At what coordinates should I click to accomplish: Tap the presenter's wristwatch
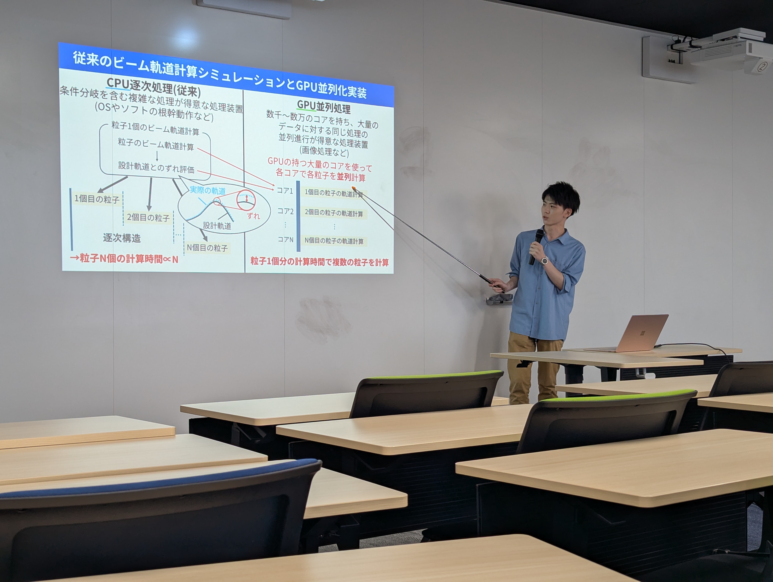click(x=545, y=260)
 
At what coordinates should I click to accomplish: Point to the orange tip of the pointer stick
click(x=354, y=189)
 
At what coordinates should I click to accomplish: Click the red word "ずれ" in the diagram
click(x=253, y=216)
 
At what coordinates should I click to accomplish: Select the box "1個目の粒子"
click(x=97, y=199)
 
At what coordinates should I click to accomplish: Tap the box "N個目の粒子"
click(x=207, y=248)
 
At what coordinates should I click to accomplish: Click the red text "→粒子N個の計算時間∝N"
click(x=124, y=259)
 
